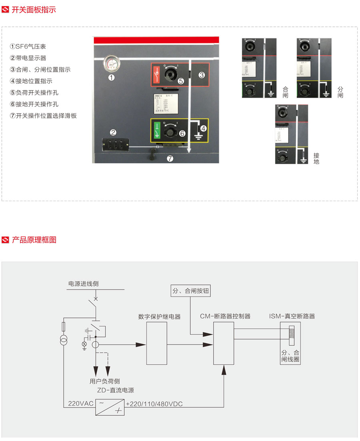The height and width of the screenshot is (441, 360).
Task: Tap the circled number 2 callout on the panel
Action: (x=113, y=132)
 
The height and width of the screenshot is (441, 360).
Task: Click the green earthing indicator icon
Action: (x=157, y=130)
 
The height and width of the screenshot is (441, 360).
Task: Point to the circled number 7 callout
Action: (x=170, y=158)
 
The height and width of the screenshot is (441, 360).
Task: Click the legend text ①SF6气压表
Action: (x=31, y=46)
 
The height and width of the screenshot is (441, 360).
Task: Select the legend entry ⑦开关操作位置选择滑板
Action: (x=43, y=116)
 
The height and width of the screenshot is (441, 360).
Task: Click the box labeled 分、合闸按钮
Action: (x=190, y=291)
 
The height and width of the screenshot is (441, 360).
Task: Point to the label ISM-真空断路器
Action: (x=292, y=316)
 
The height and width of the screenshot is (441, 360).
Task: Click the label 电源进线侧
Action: (x=83, y=284)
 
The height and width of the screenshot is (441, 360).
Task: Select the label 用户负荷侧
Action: (x=104, y=381)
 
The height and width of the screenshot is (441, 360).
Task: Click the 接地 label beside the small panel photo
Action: (x=316, y=158)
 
